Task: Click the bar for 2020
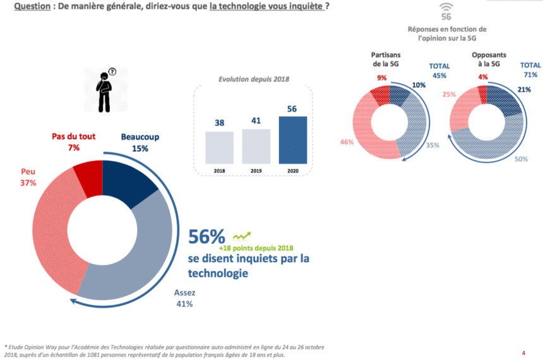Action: pos(293,139)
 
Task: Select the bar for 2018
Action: pos(219,147)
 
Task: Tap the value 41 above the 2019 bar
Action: pos(256,120)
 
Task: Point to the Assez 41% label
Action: pos(184,297)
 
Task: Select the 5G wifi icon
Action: pos(446,12)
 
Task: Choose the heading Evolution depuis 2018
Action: pos(254,80)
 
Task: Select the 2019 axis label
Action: pos(256,171)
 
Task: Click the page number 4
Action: pos(523,352)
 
